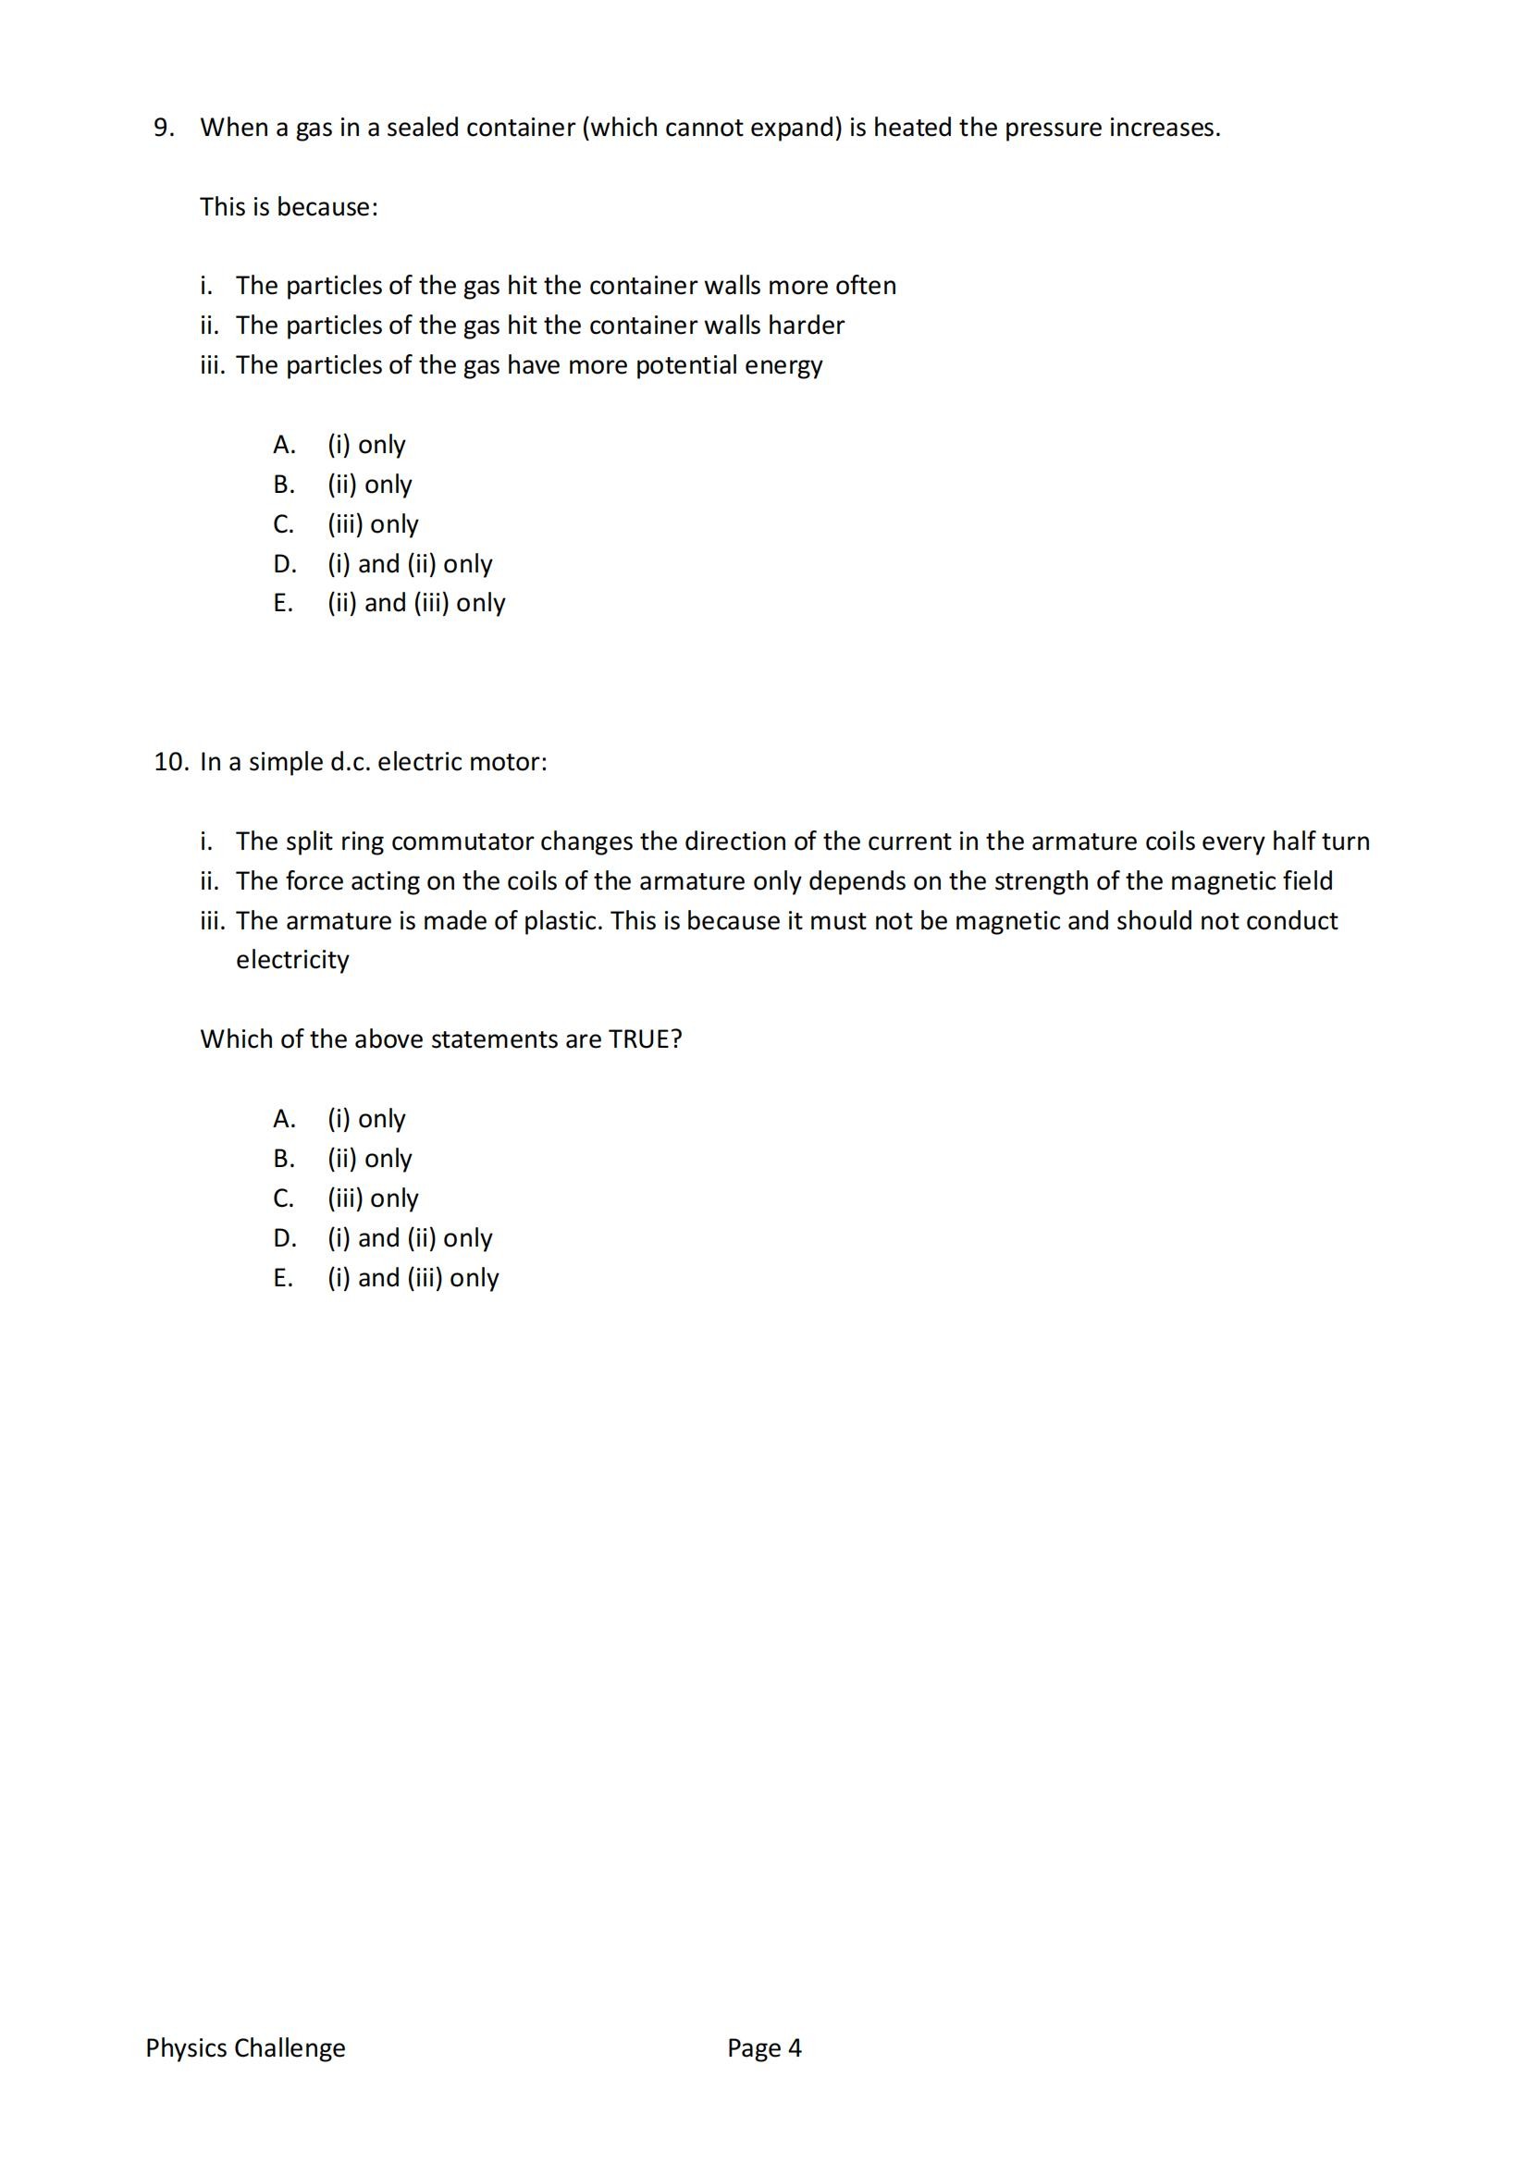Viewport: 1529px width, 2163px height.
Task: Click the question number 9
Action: pos(163,128)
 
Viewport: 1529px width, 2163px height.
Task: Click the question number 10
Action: pos(171,761)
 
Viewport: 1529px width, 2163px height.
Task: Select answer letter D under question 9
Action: pos(285,563)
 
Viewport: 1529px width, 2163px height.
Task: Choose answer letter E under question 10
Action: pos(283,1277)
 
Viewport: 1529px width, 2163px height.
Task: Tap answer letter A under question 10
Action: pos(284,1118)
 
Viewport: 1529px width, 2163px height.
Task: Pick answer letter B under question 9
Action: pos(284,485)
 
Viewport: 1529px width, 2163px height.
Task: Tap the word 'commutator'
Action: pos(462,842)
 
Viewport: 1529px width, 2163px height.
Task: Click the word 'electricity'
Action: pos(292,960)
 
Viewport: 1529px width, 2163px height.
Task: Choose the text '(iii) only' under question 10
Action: pos(372,1198)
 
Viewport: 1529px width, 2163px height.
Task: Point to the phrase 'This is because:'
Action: pos(289,206)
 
